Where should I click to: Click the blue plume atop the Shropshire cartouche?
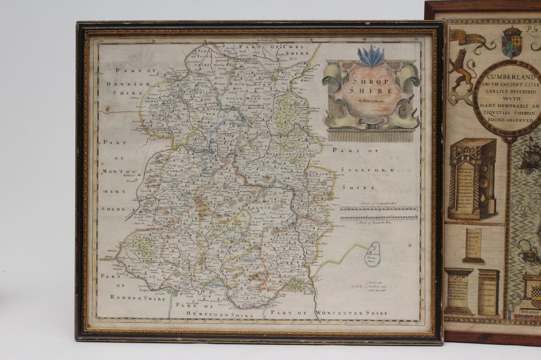(x=371, y=56)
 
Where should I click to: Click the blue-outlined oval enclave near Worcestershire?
(x=372, y=254)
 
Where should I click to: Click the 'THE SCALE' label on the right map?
(x=528, y=314)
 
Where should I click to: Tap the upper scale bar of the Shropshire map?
(x=379, y=208)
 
